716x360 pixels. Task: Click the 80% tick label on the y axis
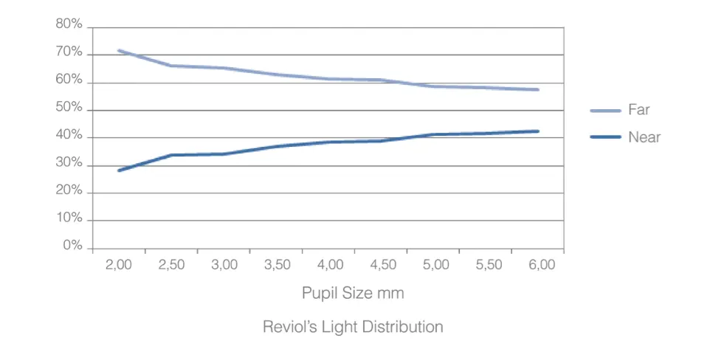69,24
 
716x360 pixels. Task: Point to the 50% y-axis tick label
69,108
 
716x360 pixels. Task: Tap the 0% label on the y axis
72,246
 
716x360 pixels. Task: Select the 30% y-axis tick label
69,163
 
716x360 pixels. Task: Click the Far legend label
638,111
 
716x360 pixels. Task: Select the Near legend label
644,137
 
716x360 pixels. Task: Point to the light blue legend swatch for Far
605,111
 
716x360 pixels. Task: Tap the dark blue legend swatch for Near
605,137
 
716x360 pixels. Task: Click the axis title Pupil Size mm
353,293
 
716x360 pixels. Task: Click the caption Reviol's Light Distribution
353,327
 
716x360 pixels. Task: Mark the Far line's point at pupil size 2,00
119,51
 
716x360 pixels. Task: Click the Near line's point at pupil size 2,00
119,170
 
